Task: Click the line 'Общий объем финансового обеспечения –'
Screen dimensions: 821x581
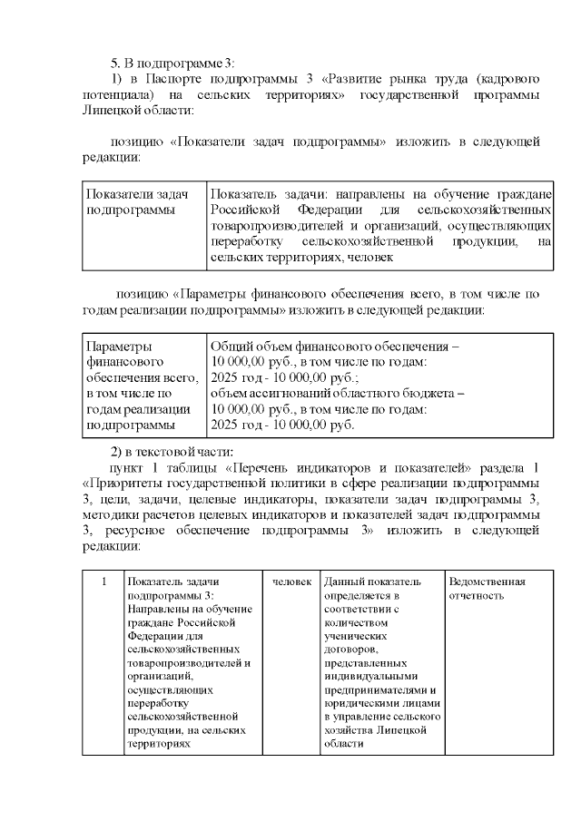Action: [x=335, y=347]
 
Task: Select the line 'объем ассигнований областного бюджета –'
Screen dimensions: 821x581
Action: [x=337, y=394]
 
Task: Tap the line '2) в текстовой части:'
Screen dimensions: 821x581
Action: [x=172, y=452]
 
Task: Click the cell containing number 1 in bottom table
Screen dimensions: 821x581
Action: [x=103, y=581]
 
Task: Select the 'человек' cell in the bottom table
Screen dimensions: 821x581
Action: [x=292, y=582]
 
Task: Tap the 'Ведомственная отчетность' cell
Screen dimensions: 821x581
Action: [x=486, y=589]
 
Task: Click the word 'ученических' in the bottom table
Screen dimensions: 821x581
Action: [x=353, y=637]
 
